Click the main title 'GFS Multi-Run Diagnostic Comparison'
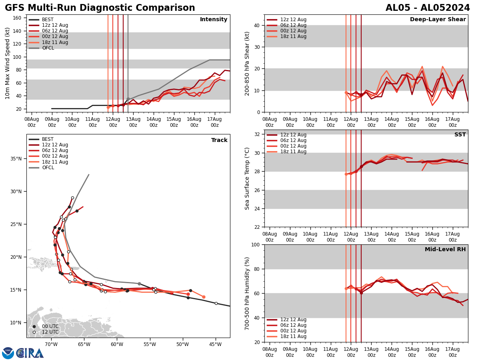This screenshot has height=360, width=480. point(100,8)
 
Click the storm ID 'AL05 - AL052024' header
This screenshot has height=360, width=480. point(428,8)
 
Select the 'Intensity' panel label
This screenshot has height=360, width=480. point(214,20)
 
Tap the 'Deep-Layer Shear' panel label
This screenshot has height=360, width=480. point(438,20)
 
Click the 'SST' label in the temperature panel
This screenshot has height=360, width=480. point(460,135)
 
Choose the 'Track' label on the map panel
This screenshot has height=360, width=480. point(219,140)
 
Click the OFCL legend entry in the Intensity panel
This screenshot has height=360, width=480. point(48,48)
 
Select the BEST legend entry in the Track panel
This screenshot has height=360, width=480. point(48,139)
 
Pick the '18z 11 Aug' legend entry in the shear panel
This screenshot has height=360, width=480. point(293,36)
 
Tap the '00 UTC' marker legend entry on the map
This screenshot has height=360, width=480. point(50,326)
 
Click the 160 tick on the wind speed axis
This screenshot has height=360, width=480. point(18,18)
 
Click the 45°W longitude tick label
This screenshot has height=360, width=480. point(215,344)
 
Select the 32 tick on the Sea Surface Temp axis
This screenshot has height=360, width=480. point(257,134)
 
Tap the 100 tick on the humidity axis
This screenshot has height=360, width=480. point(255,244)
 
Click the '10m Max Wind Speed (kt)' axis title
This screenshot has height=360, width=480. point(8,63)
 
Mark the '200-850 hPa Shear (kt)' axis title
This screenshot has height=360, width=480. point(247,63)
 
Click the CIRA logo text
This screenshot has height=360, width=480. point(30,353)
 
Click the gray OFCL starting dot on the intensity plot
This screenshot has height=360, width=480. point(128,99)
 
